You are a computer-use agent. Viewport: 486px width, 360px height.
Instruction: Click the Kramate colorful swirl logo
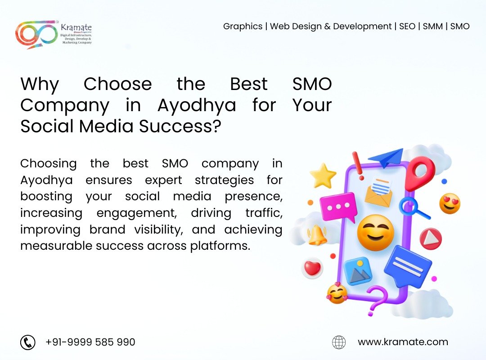coord(36,34)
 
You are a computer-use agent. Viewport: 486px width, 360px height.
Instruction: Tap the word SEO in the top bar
coord(407,27)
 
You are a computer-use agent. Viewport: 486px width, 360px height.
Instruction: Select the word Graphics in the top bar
coord(243,27)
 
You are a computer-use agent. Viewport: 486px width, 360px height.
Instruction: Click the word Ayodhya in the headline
coord(197,105)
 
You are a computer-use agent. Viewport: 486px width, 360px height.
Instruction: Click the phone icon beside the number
coord(28,342)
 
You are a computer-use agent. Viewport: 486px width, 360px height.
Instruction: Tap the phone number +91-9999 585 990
coord(90,342)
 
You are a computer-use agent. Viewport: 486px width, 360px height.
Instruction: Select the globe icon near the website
coord(339,342)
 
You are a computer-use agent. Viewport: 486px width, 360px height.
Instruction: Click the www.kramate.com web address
coord(403,342)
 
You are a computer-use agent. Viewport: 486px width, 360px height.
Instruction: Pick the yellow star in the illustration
coord(323,176)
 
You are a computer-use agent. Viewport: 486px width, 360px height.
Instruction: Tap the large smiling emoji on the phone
coord(375,233)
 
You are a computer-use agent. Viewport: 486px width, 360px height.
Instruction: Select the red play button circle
coord(431,239)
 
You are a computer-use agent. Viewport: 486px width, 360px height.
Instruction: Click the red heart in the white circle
coord(312,268)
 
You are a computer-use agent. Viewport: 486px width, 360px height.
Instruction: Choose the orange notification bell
coord(317,235)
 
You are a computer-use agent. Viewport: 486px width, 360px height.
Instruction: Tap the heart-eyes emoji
coord(450,203)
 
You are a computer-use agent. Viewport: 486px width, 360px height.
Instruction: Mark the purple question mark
coord(376,300)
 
